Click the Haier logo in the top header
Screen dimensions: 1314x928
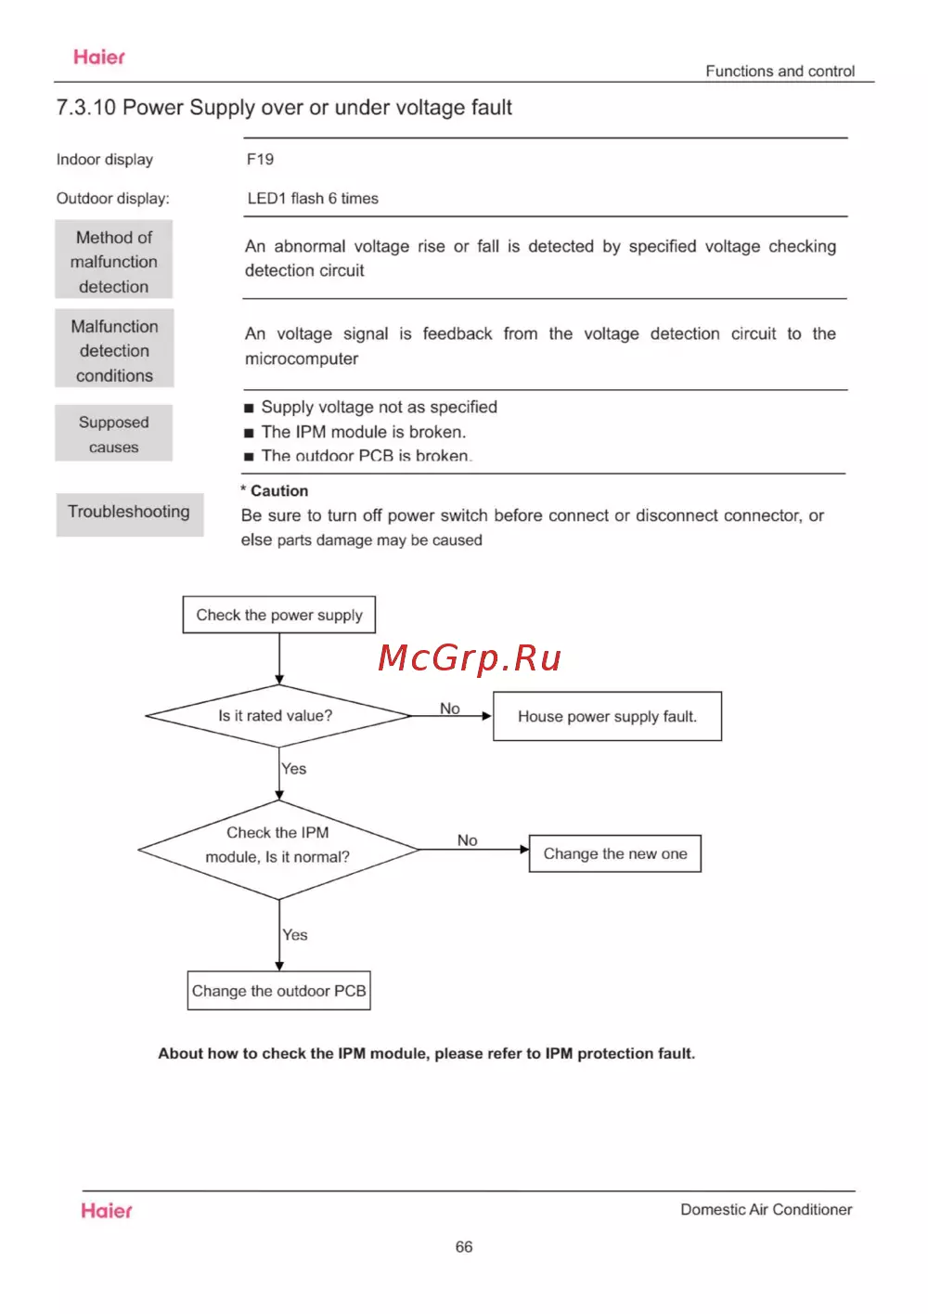(x=99, y=58)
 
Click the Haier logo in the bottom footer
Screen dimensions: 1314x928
(x=107, y=1211)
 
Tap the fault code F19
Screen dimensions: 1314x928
(x=260, y=160)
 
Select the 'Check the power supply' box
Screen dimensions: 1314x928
(x=279, y=615)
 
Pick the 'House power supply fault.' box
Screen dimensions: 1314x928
(x=607, y=716)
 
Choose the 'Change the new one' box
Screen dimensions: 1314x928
(x=614, y=853)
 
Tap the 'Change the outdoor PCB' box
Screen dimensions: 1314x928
(x=278, y=991)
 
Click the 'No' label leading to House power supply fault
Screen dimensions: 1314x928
(x=450, y=709)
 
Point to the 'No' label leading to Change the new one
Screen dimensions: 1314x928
(x=467, y=840)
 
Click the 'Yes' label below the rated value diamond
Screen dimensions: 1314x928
(x=294, y=769)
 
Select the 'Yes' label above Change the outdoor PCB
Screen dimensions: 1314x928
(x=295, y=935)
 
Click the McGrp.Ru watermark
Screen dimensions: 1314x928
(x=470, y=658)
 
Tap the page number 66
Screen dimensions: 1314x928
(x=464, y=1247)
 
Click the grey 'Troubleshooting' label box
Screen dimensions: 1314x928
(x=129, y=513)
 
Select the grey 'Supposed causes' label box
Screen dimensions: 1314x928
(x=114, y=434)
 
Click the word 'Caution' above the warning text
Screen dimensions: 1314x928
(x=279, y=491)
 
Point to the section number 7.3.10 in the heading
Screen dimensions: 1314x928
(x=85, y=108)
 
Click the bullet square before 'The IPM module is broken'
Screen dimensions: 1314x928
(x=249, y=433)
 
